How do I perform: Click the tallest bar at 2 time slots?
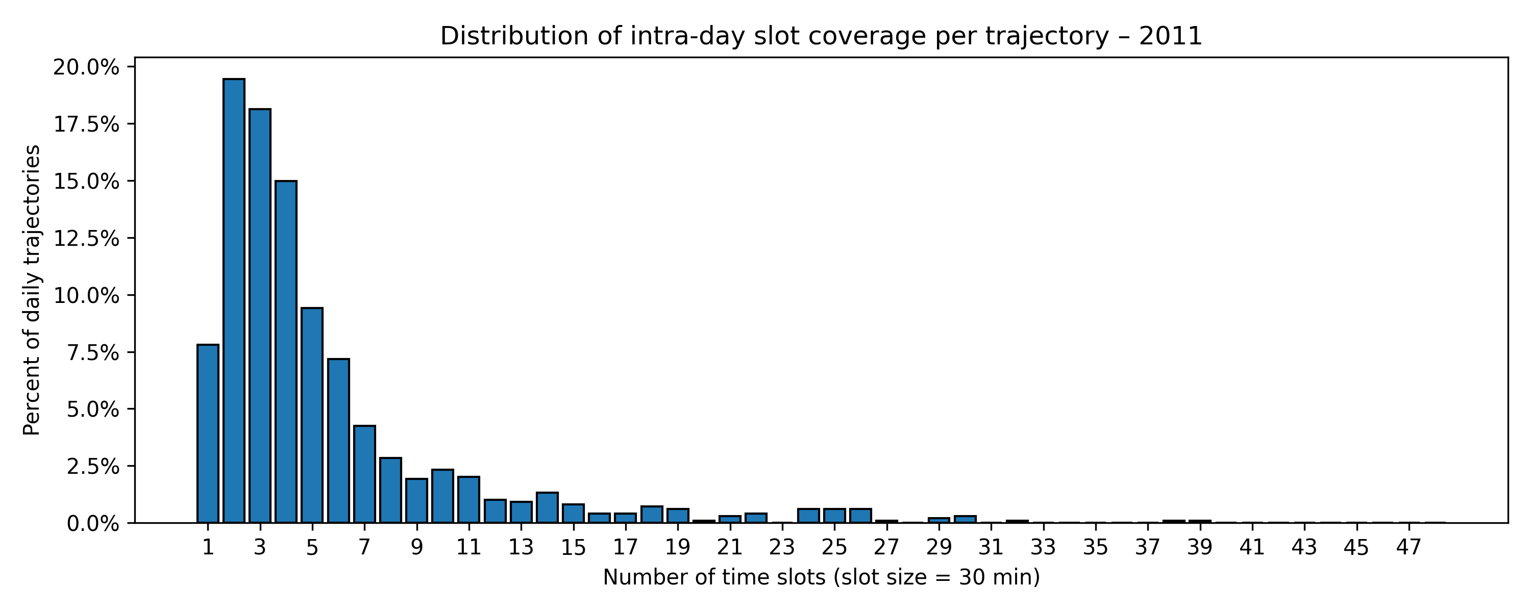tap(234, 300)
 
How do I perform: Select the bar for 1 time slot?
tap(207, 433)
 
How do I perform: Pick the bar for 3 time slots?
tap(260, 315)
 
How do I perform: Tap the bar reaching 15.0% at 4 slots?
tap(286, 351)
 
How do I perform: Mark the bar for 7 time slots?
tap(364, 474)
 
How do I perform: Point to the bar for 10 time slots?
tap(443, 496)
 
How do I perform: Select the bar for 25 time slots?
tap(834, 515)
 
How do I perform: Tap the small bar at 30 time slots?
tap(965, 519)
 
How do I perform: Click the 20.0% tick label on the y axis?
tap(86, 67)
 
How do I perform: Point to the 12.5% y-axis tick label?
tap(86, 238)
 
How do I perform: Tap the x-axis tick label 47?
tap(1408, 547)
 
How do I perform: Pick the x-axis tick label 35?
tap(1095, 547)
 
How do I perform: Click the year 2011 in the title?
tap(1170, 36)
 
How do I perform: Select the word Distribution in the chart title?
tap(506, 36)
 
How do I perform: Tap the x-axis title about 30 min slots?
tap(821, 577)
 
